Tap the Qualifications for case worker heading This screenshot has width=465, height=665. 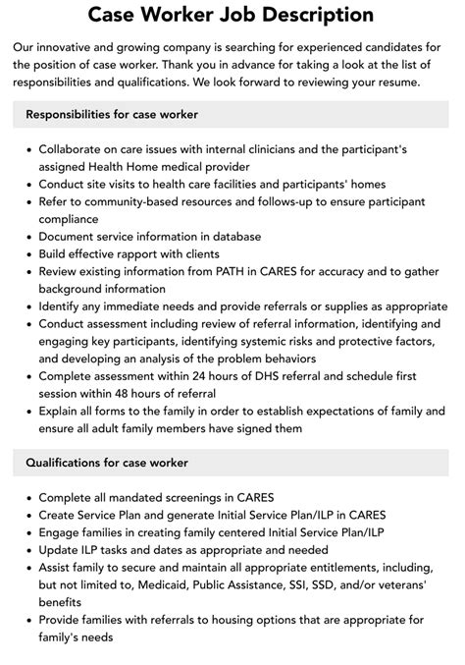106,463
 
